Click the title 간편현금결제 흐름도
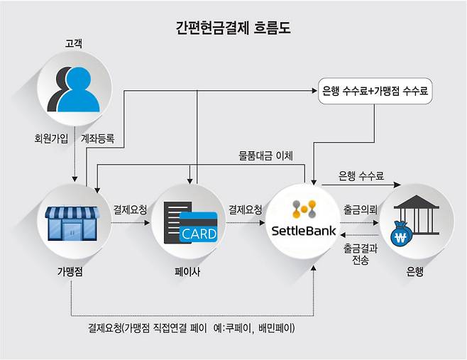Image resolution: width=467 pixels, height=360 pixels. click(x=233, y=28)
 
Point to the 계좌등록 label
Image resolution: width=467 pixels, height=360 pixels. click(x=98, y=138)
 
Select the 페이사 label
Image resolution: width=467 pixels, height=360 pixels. click(x=189, y=271)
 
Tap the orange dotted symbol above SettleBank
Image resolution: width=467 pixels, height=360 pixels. click(x=307, y=208)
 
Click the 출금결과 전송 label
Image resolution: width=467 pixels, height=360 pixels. click(x=360, y=254)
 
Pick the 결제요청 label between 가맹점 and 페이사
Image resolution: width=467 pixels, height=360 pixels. click(x=130, y=210)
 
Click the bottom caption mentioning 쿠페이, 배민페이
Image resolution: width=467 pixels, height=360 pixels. click(x=191, y=328)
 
